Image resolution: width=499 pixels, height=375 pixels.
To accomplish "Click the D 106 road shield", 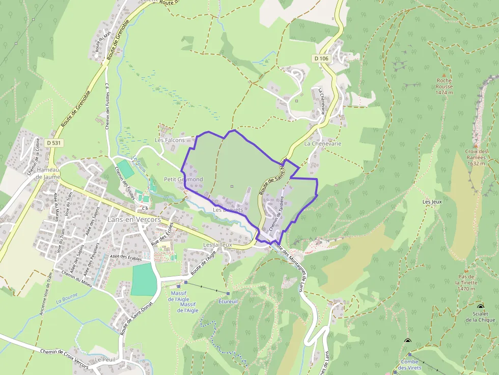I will pyautogui.click(x=321, y=59).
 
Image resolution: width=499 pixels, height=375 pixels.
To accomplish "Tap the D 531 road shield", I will pyautogui.click(x=52, y=143).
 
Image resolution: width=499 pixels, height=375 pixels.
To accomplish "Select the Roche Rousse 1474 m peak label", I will pyautogui.click(x=444, y=86).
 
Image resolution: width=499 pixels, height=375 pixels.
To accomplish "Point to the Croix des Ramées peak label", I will pyautogui.click(x=476, y=157).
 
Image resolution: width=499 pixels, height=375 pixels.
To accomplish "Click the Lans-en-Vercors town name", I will pyautogui.click(x=134, y=219).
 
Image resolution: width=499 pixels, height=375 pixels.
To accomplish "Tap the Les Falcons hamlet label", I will pyautogui.click(x=170, y=140).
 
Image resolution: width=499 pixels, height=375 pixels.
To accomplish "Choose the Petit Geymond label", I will pyautogui.click(x=183, y=180).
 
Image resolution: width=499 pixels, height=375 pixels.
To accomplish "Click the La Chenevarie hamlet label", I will pyautogui.click(x=322, y=143).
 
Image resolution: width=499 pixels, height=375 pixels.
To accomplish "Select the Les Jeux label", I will pyautogui.click(x=432, y=202).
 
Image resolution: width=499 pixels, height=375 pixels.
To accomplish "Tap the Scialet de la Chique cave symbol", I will pyautogui.click(x=481, y=306).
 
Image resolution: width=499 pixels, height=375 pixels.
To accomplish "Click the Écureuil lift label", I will pyautogui.click(x=228, y=301).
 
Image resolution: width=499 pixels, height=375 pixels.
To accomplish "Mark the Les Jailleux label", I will pyautogui.click(x=217, y=245).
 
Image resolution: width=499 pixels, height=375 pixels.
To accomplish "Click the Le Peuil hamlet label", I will pyautogui.click(x=105, y=359).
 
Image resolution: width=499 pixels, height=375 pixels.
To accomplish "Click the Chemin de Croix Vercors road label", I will pyautogui.click(x=63, y=359).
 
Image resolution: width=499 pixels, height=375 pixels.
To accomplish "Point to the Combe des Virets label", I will pyautogui.click(x=409, y=364).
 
